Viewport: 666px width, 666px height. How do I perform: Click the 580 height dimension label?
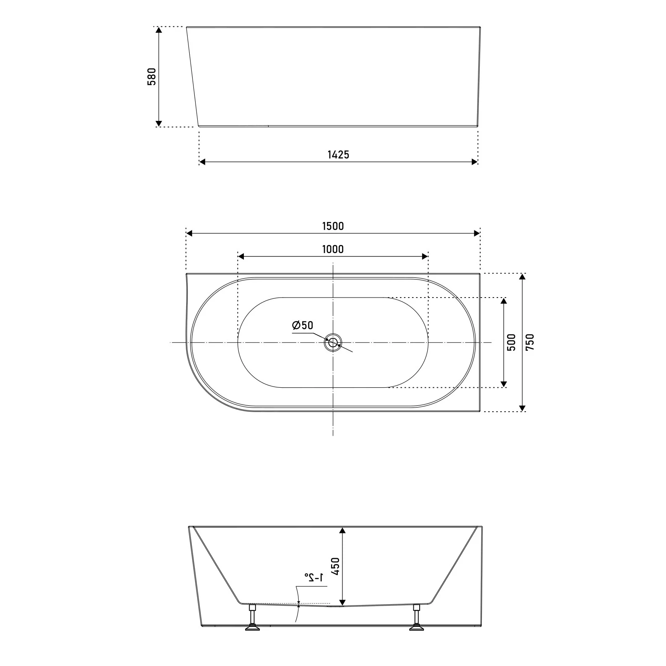click(x=151, y=76)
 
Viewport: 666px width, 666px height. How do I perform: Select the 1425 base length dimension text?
click(x=338, y=154)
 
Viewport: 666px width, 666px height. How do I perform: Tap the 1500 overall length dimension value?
click(x=333, y=226)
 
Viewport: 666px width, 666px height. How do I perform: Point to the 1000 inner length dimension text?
click(x=333, y=249)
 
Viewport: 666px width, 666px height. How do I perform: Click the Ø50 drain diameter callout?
click(x=303, y=325)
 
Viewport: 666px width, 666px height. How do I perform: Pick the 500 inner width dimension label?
click(x=512, y=342)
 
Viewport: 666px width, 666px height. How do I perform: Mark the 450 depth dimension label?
click(x=335, y=567)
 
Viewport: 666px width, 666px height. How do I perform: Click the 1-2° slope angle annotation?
click(x=314, y=578)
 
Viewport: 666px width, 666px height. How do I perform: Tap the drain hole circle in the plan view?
click(x=333, y=342)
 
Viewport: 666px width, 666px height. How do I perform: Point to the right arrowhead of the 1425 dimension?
click(x=475, y=162)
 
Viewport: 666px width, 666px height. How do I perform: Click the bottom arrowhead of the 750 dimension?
click(x=522, y=408)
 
